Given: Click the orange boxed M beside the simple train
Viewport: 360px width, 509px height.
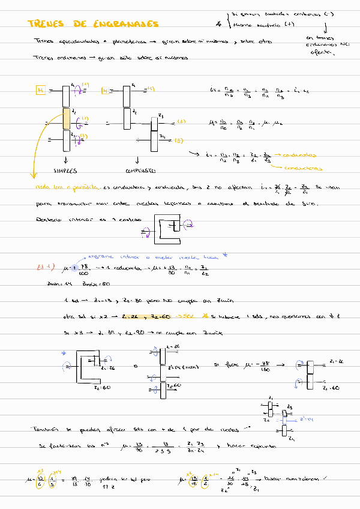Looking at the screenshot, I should coord(41,91).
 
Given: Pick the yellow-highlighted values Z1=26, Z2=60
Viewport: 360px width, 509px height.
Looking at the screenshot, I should coord(146,316).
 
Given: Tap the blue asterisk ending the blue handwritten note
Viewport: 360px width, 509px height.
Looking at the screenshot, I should coord(225,254).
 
